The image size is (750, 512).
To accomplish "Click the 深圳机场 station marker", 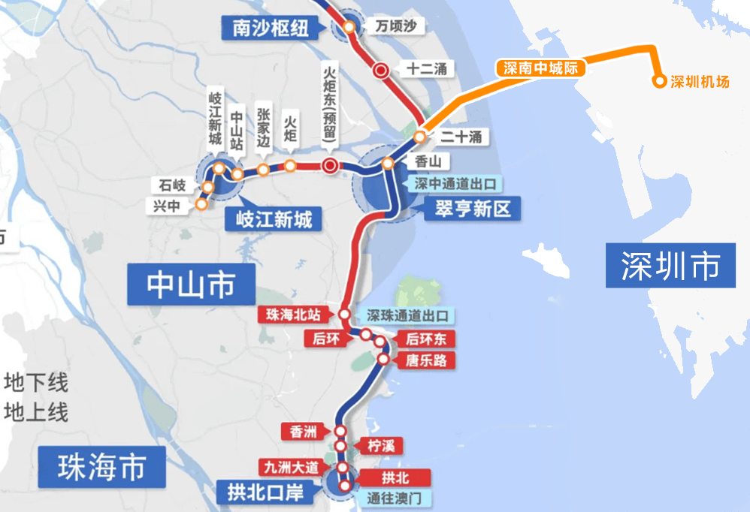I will [659, 81].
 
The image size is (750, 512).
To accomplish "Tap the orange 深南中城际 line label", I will [540, 68].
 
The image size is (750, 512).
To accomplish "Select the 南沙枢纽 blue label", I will [271, 29].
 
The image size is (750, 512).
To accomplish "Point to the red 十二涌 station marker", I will [382, 71].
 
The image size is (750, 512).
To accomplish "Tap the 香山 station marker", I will [388, 164].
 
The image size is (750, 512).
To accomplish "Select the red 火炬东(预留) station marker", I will [329, 166].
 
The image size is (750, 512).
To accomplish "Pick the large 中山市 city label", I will [190, 285].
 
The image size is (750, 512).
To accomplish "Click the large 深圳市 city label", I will [670, 266].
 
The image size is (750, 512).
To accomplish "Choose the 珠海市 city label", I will [101, 467].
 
